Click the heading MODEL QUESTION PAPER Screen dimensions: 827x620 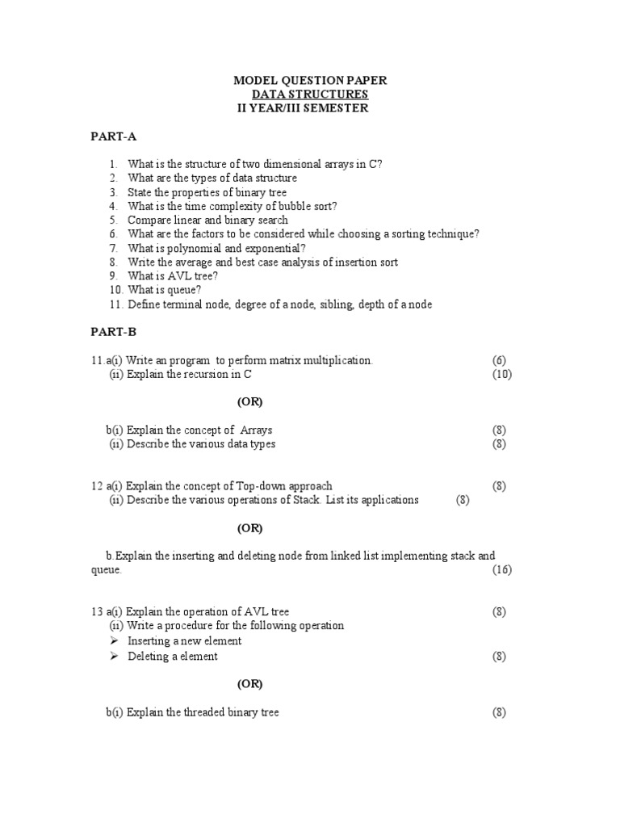[x=310, y=81]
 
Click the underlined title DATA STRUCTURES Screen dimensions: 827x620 [x=310, y=94]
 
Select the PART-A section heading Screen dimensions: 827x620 [x=113, y=136]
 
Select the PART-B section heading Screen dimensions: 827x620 [x=113, y=332]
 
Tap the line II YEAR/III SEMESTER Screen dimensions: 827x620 [x=302, y=108]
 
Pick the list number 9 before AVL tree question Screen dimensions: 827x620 [x=115, y=276]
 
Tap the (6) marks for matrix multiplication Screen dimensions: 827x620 [x=500, y=360]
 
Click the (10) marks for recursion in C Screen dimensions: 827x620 [x=502, y=375]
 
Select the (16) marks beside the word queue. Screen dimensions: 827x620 [x=502, y=570]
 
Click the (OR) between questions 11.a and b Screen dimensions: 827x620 [x=249, y=402]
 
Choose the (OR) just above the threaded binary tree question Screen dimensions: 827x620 [x=249, y=684]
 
